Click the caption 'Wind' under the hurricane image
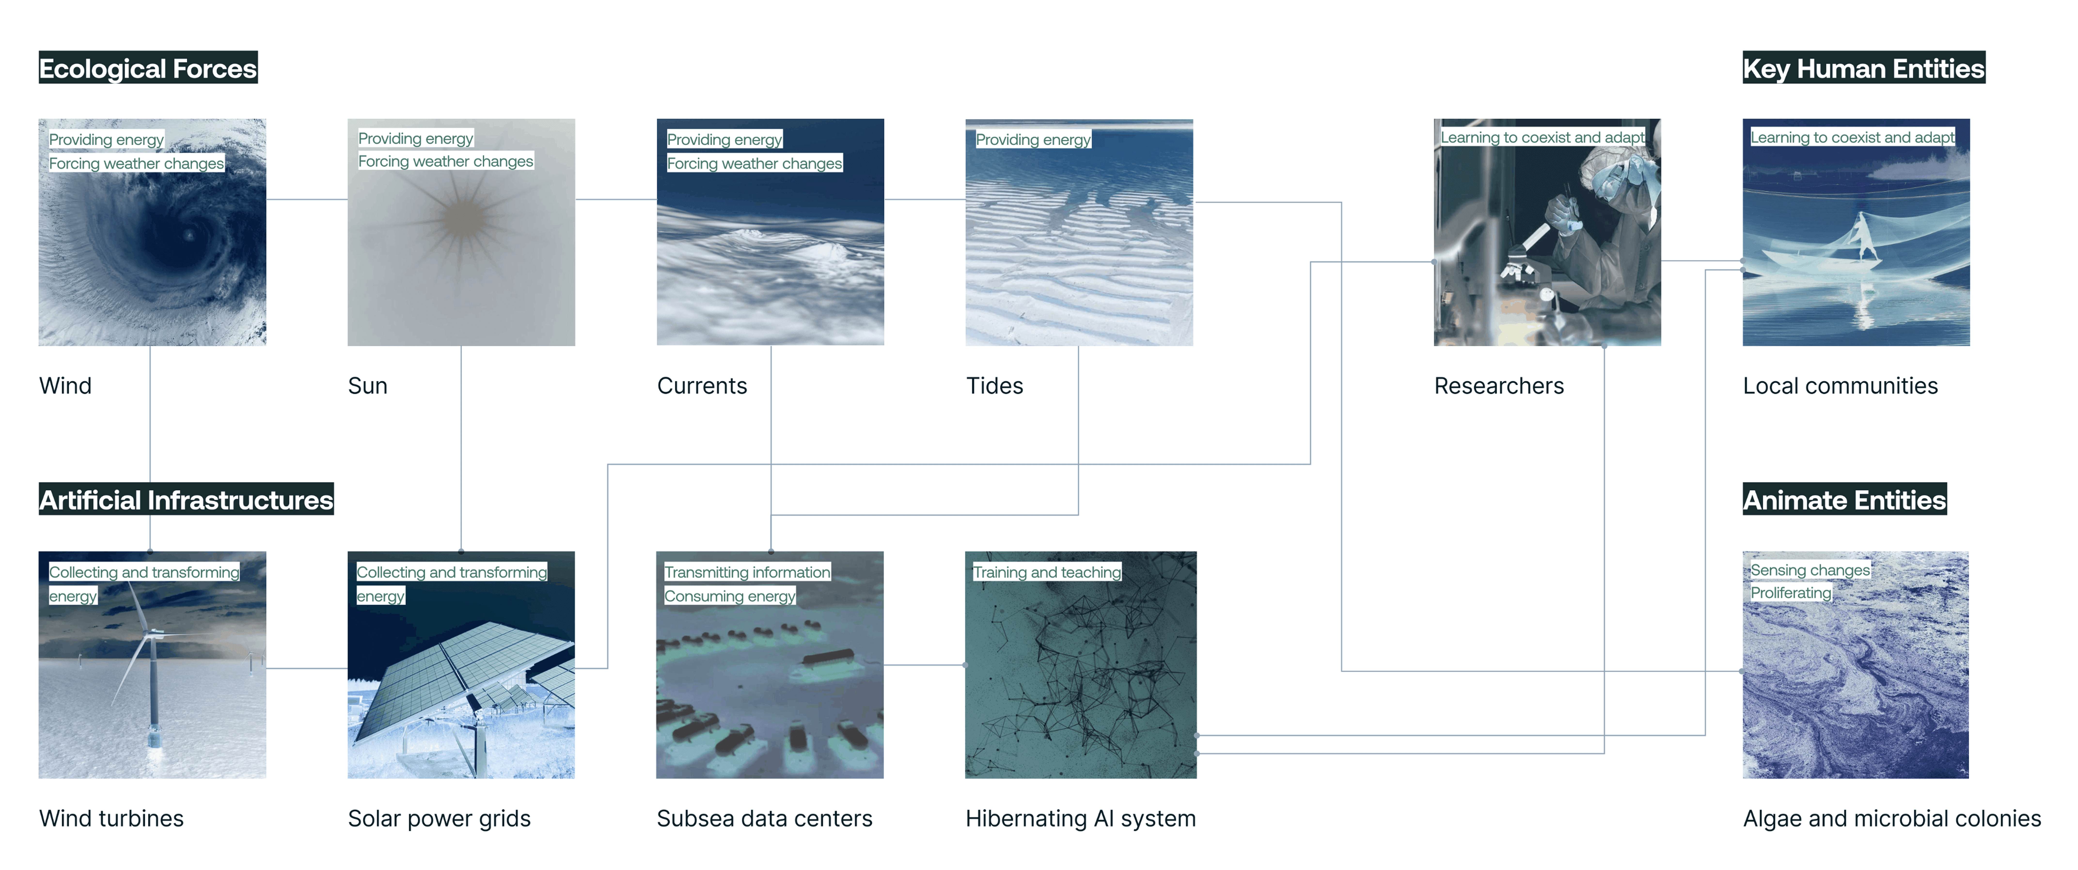[x=65, y=386]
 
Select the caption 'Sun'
[x=367, y=386]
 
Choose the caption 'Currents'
[x=702, y=386]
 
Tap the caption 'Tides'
[x=994, y=386]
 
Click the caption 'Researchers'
[x=1498, y=386]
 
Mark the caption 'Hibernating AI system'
[x=1080, y=818]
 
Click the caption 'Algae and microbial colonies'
[x=1892, y=818]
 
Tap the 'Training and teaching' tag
[x=1046, y=572]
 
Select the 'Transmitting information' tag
[x=747, y=572]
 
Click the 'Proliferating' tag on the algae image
[x=1790, y=592]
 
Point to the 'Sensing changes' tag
[x=1809, y=570]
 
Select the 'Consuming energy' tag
[x=729, y=596]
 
